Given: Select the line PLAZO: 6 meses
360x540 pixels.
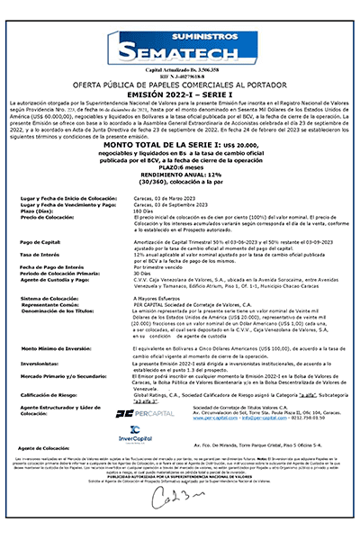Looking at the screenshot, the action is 180,193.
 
